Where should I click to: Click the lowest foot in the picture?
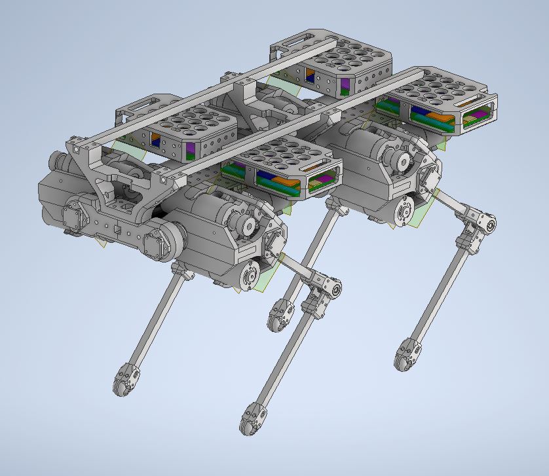[x=251, y=419]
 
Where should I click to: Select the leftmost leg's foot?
[x=125, y=380]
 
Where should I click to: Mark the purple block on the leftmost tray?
[x=191, y=149]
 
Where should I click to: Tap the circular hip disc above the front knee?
[x=248, y=274]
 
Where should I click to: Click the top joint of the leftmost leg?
[x=181, y=269]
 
